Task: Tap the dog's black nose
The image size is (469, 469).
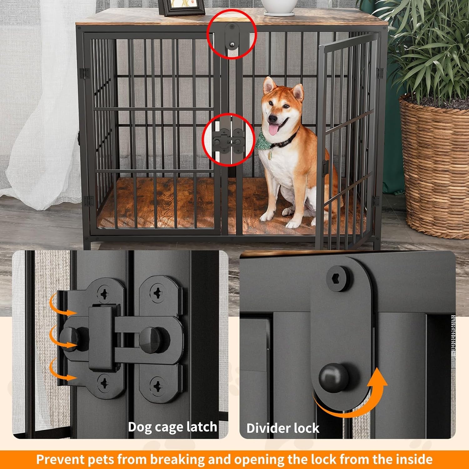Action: pos(273,119)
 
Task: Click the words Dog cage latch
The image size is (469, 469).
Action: pos(172,427)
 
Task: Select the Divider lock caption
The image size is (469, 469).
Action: pos(283,428)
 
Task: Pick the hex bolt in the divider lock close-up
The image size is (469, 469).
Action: pos(339,278)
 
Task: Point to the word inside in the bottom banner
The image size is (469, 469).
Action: pos(414,459)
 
